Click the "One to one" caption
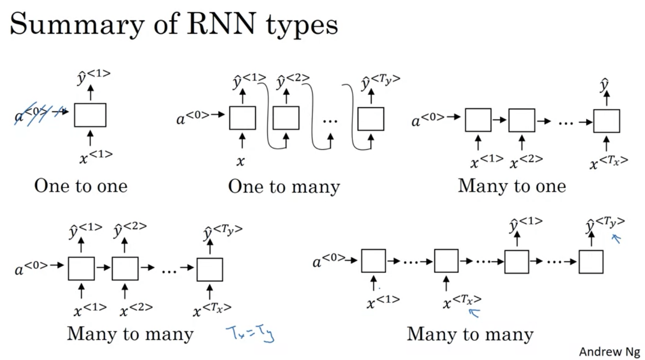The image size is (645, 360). tap(81, 186)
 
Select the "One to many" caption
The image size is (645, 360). tap(284, 187)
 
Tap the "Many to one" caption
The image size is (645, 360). tap(512, 186)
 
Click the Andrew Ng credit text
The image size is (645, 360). tap(609, 351)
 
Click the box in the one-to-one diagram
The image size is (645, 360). tap(90, 115)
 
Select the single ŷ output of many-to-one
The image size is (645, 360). tap(605, 85)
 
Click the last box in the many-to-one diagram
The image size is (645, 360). tap(607, 121)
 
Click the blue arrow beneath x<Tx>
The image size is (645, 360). tap(475, 312)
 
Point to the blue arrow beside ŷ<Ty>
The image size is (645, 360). tap(617, 239)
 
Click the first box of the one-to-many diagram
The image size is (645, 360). tap(242, 118)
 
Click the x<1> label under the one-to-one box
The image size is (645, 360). tap(96, 156)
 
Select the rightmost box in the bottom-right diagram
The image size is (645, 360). tap(591, 262)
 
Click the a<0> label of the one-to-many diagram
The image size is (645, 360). tap(192, 118)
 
